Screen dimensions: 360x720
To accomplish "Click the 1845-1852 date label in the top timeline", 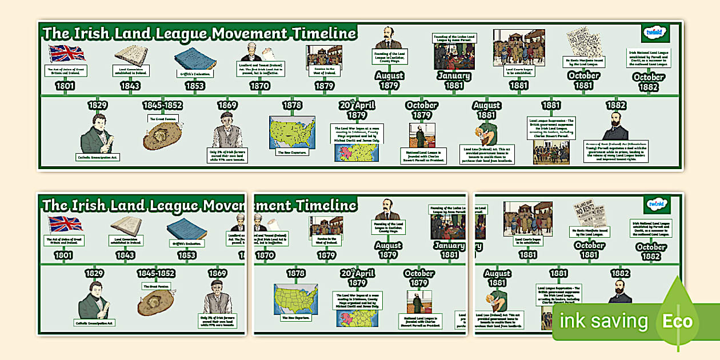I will pos(162,106).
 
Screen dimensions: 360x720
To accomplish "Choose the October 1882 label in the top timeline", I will pos(649,81).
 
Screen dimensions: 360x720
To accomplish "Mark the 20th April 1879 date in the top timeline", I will pos(357,110).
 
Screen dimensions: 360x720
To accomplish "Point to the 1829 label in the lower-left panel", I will pos(94,273).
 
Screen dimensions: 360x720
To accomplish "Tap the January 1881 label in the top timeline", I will pos(454,80).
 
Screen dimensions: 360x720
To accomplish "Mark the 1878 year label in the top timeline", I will pos(292,106).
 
